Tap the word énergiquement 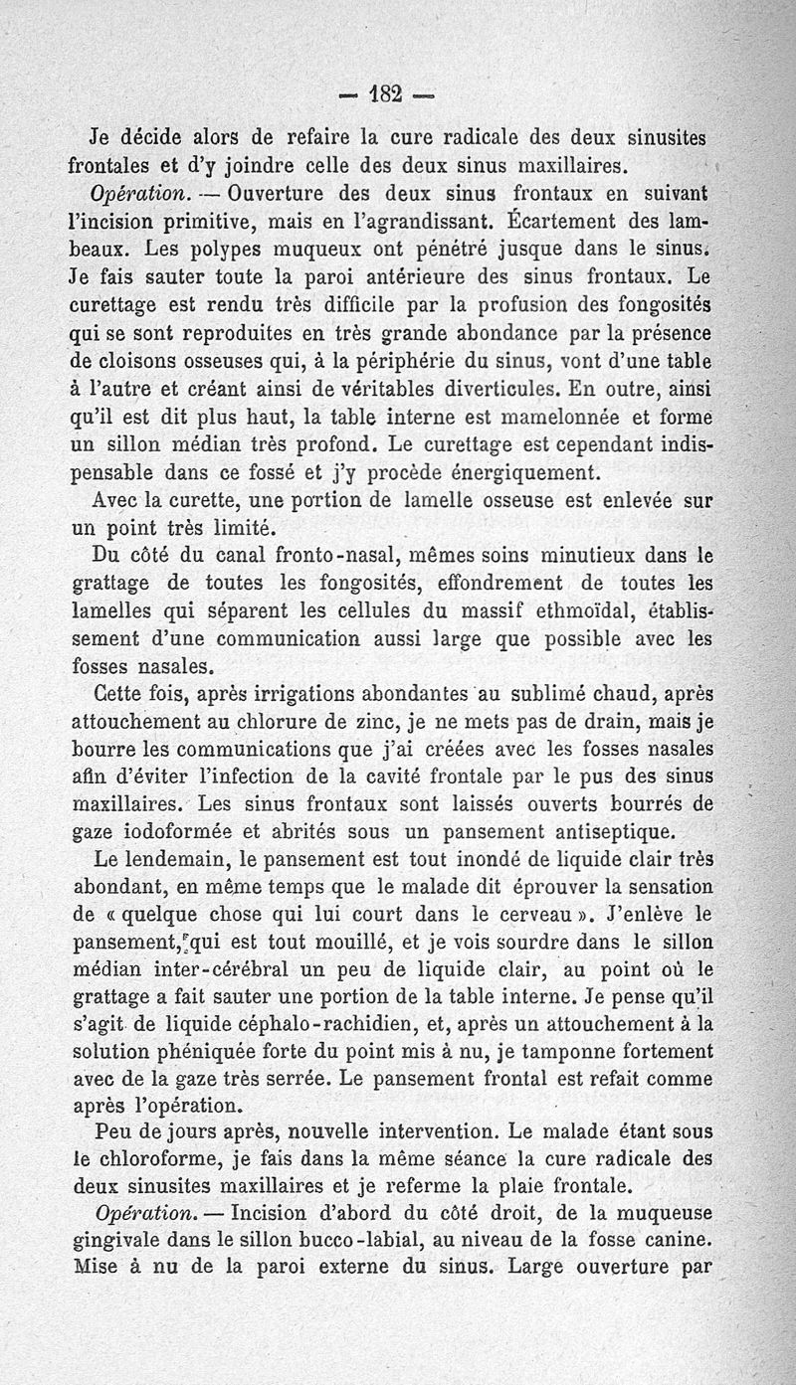point(511,469)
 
